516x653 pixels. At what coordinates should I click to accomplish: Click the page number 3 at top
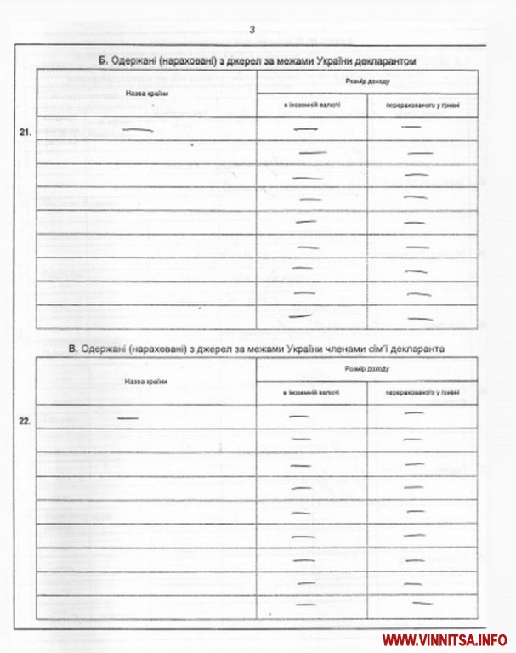click(x=252, y=31)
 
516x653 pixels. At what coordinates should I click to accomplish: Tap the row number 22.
click(x=26, y=421)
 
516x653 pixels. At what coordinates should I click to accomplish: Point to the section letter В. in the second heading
click(x=74, y=349)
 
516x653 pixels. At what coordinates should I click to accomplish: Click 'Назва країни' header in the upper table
click(x=145, y=93)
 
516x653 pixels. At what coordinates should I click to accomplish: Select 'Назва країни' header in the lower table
click(x=145, y=382)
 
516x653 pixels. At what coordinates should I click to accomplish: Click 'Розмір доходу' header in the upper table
click(x=367, y=81)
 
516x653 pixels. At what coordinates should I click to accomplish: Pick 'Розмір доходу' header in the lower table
click(x=367, y=369)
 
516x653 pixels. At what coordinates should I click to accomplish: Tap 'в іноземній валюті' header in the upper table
click(x=312, y=106)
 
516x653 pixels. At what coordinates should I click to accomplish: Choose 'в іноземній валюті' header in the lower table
click(x=312, y=395)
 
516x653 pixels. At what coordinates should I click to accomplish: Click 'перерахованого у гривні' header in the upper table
click(x=422, y=106)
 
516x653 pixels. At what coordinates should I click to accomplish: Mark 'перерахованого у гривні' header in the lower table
click(x=422, y=395)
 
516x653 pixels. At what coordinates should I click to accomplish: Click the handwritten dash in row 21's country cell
click(x=139, y=129)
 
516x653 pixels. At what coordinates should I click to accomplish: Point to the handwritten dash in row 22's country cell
click(x=128, y=418)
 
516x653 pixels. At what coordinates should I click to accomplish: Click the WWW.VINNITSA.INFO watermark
click(x=445, y=639)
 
